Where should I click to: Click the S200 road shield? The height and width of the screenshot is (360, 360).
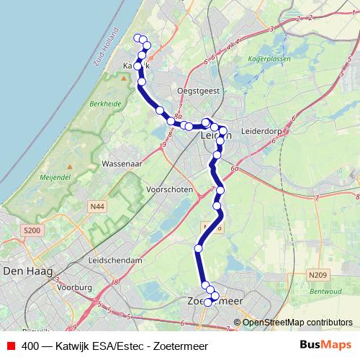(x=31, y=230)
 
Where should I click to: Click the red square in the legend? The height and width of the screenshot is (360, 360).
(x=9, y=345)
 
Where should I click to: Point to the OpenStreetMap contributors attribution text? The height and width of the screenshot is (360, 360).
(x=297, y=323)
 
